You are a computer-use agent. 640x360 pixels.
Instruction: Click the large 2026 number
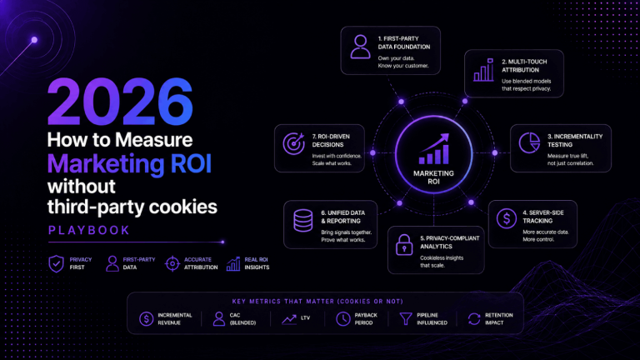tap(120, 102)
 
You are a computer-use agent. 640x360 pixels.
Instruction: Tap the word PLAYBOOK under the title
tap(89, 230)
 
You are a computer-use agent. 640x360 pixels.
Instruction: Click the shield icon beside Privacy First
tap(57, 263)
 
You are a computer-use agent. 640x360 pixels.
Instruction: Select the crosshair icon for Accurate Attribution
tap(172, 263)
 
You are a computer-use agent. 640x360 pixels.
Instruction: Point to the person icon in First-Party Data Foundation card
tap(360, 47)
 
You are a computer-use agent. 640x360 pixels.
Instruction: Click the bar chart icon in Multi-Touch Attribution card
tap(483, 69)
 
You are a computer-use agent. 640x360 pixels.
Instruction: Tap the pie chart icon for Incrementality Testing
tap(529, 142)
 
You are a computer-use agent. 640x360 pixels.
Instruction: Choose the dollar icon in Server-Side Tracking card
tap(507, 218)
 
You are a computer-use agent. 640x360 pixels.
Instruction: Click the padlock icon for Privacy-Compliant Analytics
tap(404, 245)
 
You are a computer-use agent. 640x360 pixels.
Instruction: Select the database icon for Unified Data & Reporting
tap(302, 220)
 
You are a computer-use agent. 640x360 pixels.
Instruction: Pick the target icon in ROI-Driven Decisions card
tap(294, 143)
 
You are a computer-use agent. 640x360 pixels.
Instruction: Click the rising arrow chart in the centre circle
tap(434, 148)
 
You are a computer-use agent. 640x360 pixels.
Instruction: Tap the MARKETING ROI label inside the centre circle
tap(433, 177)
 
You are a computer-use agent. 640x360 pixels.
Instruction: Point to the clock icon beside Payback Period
tap(342, 319)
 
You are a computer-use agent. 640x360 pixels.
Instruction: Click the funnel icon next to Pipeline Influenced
tap(406, 319)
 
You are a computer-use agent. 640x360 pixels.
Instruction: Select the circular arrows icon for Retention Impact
tap(474, 319)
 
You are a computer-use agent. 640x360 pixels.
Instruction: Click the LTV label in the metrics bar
tap(305, 317)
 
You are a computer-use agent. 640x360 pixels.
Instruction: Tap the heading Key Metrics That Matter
tap(317, 302)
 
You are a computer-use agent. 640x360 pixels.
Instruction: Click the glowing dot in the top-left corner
tap(34, 40)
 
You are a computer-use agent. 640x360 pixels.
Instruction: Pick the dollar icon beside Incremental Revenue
tap(146, 319)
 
